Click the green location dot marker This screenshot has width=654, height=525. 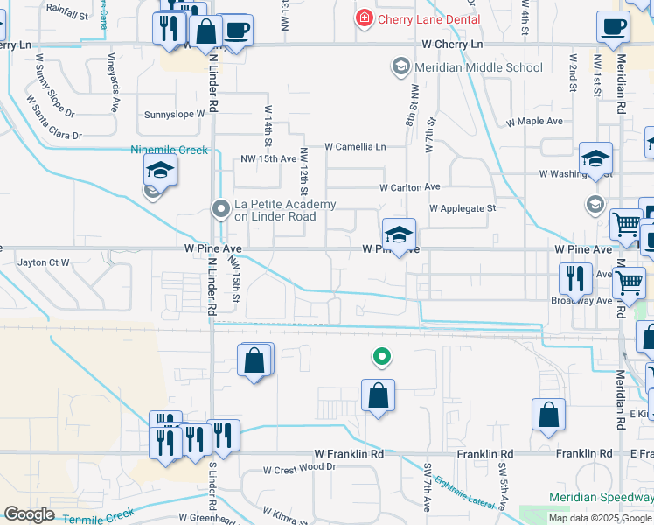coord(380,356)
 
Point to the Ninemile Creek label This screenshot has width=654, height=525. coord(170,150)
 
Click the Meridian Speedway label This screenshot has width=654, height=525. coord(601,496)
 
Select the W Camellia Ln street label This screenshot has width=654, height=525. coord(355,147)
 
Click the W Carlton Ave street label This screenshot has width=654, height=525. coord(409,187)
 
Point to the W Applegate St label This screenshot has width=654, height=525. coord(462,208)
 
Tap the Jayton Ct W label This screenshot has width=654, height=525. coord(44,262)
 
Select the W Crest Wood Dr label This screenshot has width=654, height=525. coord(300,468)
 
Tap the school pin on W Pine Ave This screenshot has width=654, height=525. coord(399,234)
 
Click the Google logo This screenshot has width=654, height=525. coord(28,514)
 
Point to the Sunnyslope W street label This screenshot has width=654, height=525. coord(173,114)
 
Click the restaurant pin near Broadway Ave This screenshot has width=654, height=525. coord(575,279)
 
